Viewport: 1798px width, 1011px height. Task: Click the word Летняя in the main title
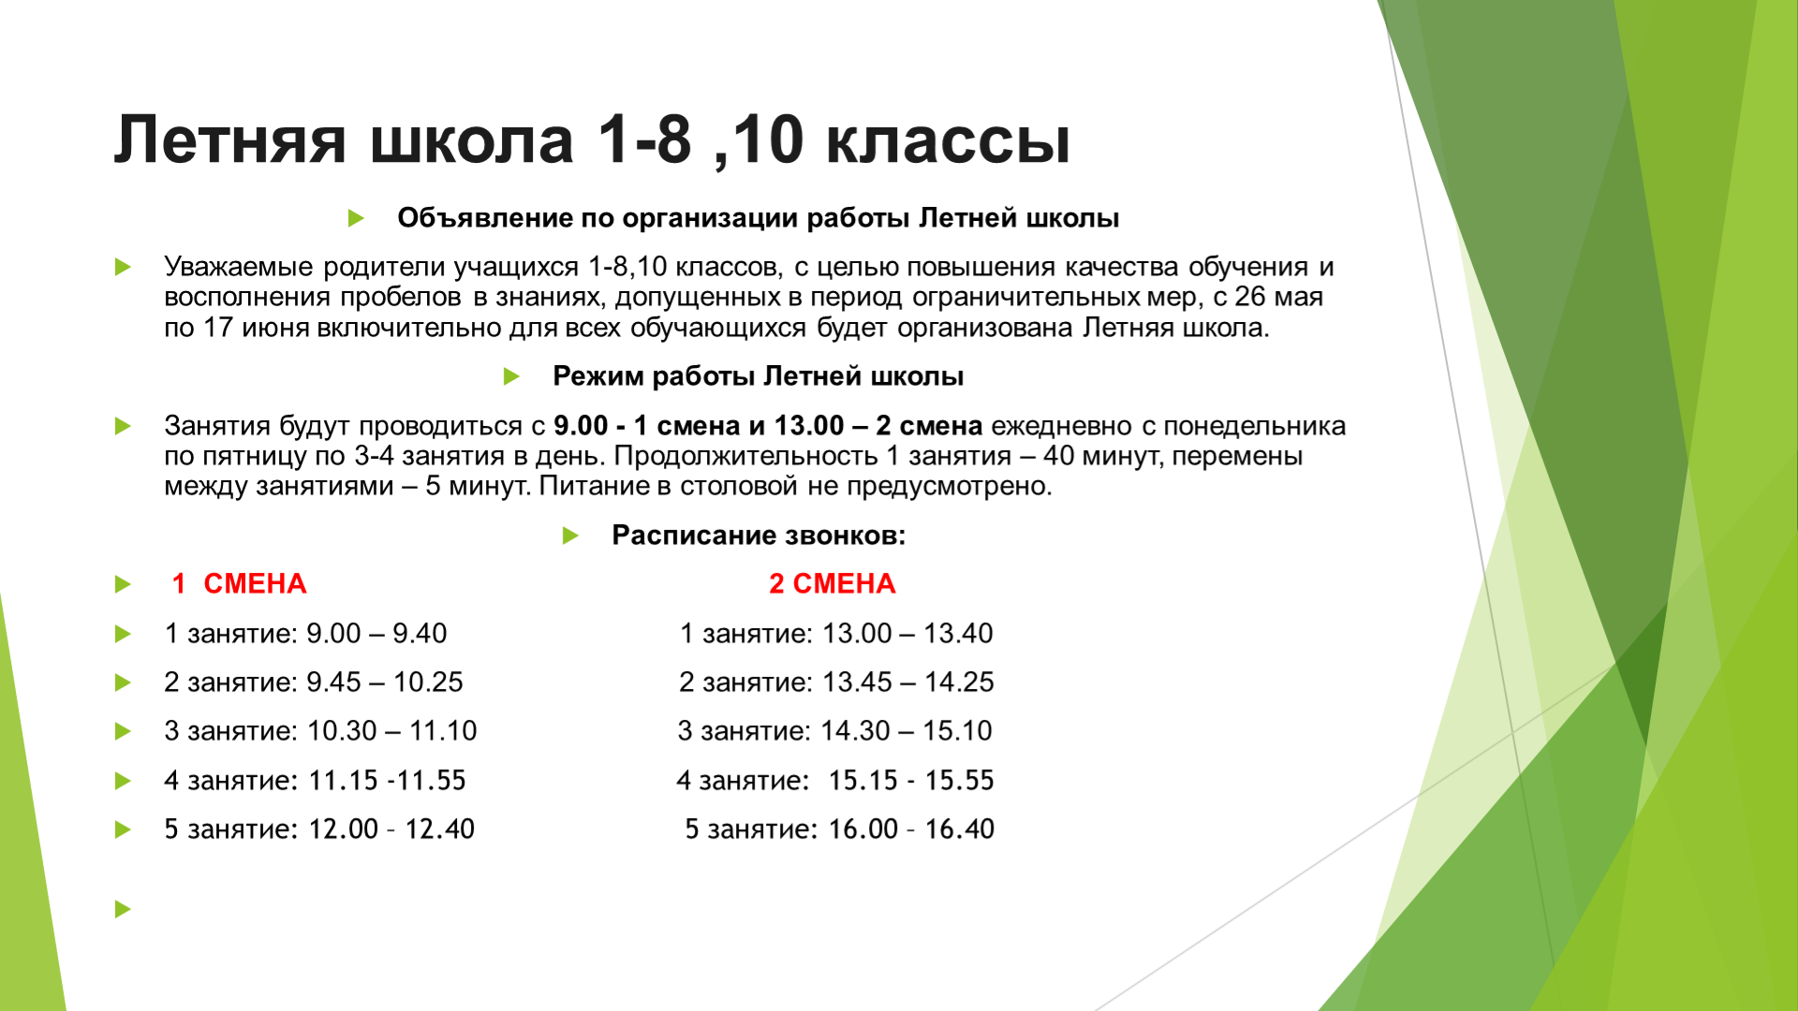pyautogui.click(x=230, y=140)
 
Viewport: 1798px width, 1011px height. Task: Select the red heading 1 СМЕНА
pyautogui.click(x=239, y=583)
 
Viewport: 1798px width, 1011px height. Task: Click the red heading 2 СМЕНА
pyautogui.click(x=833, y=583)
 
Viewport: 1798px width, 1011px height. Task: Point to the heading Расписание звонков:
pyautogui.click(x=759, y=535)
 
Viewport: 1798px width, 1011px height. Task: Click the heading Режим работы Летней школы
pyautogui.click(x=758, y=376)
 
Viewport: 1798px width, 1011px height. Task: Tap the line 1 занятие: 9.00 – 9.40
pyautogui.click(x=305, y=634)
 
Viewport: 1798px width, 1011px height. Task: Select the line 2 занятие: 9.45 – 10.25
pyautogui.click(x=314, y=682)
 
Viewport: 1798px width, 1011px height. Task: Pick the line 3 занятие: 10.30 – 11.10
pyautogui.click(x=320, y=731)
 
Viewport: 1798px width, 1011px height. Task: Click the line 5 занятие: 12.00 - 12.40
pyautogui.click(x=319, y=829)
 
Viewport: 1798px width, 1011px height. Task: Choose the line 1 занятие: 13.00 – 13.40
pyautogui.click(x=836, y=634)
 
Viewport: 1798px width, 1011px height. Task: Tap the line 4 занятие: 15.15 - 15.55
pyautogui.click(x=835, y=781)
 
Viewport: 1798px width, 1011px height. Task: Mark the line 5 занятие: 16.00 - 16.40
pyautogui.click(x=840, y=829)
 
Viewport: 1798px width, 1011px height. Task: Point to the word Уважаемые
pyautogui.click(x=239, y=267)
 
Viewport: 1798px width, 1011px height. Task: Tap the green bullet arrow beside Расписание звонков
pyautogui.click(x=570, y=536)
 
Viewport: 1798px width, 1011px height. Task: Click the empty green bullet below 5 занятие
pyautogui.click(x=123, y=909)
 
